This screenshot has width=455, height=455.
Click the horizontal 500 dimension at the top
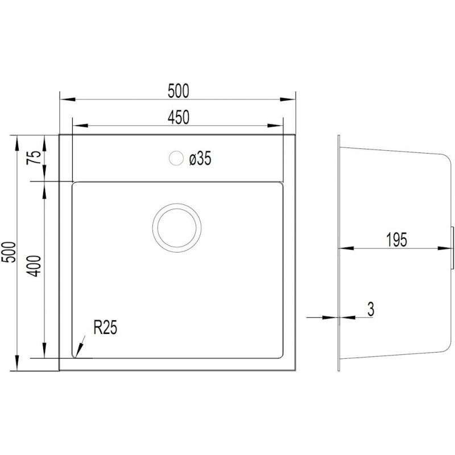(178, 91)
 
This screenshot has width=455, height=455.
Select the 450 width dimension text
(178, 117)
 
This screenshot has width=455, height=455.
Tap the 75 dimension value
(34, 158)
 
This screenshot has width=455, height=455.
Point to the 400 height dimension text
(34, 266)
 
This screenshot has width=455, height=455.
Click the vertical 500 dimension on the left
(9, 252)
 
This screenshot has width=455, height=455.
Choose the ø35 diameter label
(200, 159)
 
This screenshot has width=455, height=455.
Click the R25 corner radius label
(105, 328)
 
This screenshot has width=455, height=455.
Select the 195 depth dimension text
(396, 240)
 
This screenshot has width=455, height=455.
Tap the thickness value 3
(371, 309)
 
